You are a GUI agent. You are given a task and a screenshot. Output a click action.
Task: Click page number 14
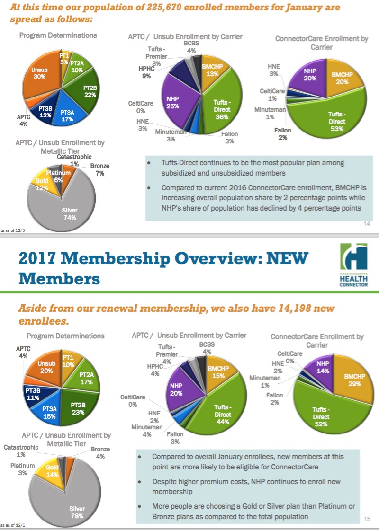[367, 224]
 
